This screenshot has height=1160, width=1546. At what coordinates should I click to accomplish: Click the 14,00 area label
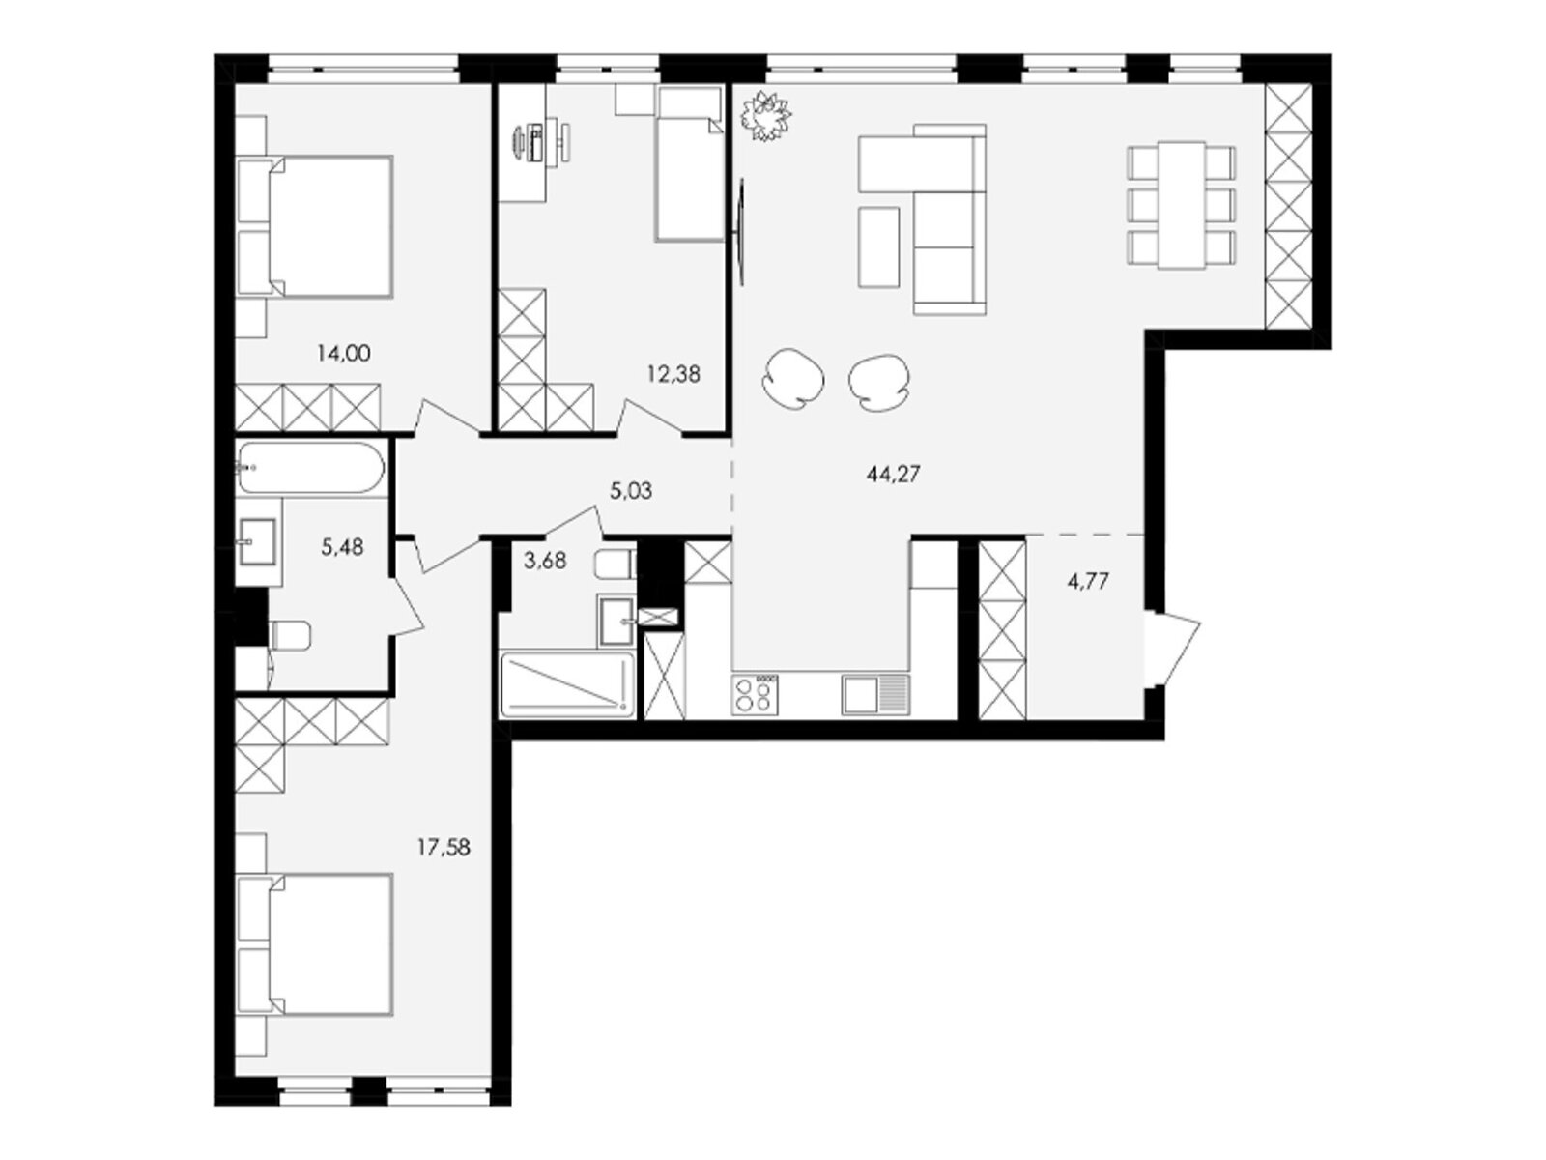pyautogui.click(x=343, y=353)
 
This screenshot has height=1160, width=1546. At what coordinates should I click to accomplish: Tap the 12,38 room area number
pyautogui.click(x=673, y=374)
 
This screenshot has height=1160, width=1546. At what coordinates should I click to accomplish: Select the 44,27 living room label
pyautogui.click(x=893, y=474)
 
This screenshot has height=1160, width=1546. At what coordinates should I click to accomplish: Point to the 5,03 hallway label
pyautogui.click(x=630, y=490)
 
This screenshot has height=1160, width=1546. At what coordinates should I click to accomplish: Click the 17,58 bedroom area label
pyautogui.click(x=443, y=848)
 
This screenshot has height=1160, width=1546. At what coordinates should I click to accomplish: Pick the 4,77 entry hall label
pyautogui.click(x=1088, y=582)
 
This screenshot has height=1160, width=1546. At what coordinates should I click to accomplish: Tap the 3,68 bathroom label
pyautogui.click(x=545, y=561)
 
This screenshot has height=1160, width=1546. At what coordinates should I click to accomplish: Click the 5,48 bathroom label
pyautogui.click(x=342, y=546)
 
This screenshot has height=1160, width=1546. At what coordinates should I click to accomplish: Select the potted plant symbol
pyautogui.click(x=765, y=116)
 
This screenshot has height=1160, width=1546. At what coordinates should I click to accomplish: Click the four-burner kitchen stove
pyautogui.click(x=755, y=695)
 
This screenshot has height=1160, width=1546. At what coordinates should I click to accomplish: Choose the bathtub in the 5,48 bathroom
pyautogui.click(x=310, y=468)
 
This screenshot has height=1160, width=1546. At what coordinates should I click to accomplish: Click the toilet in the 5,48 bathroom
pyautogui.click(x=290, y=637)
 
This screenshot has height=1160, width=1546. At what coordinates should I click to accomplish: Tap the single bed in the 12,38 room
pyautogui.click(x=690, y=164)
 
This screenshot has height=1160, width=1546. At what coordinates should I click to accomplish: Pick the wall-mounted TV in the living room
pyautogui.click(x=741, y=232)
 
